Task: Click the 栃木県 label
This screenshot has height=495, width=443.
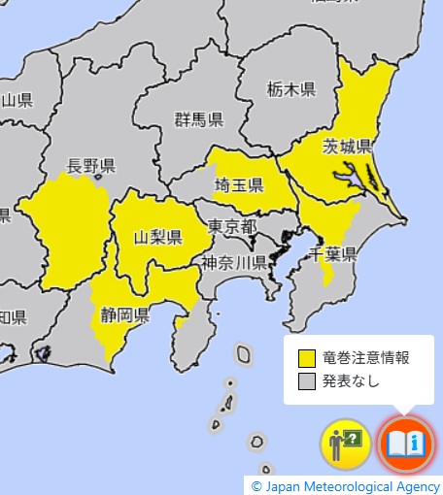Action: [x=290, y=90]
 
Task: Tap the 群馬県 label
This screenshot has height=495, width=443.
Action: [x=199, y=120]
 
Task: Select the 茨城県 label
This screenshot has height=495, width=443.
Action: [x=348, y=148]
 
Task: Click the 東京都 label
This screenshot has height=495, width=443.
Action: [x=232, y=226]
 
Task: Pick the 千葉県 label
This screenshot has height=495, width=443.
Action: [x=333, y=254]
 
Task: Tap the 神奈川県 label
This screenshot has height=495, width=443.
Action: [x=234, y=263]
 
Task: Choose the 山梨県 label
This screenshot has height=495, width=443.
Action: [x=158, y=237]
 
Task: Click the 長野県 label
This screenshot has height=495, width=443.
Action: [x=92, y=165]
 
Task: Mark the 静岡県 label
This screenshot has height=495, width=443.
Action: [x=124, y=314]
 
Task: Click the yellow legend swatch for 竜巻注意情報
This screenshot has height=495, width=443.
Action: [x=308, y=357]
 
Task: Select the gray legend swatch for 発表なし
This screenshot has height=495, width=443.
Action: [x=308, y=380]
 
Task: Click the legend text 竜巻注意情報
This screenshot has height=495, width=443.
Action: [x=365, y=357]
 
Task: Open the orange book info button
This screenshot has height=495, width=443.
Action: [x=404, y=445]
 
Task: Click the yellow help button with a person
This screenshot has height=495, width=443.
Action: [x=346, y=445]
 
